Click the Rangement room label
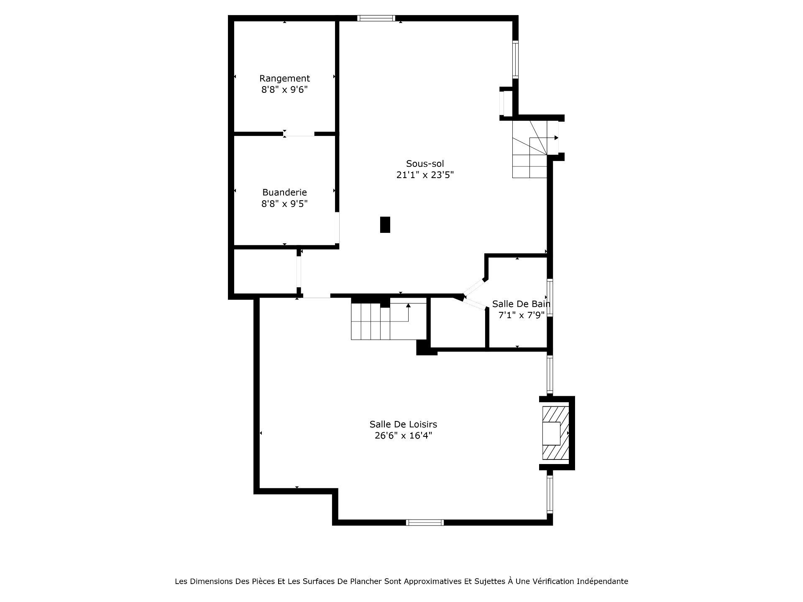(284, 79)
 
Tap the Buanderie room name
(284, 192)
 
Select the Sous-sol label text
(425, 163)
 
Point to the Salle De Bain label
(521, 304)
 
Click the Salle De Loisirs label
(403, 424)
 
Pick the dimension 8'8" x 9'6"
(284, 89)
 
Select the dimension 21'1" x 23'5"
(425, 175)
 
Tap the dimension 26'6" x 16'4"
(403, 436)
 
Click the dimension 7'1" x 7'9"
(521, 315)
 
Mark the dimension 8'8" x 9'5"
(284, 204)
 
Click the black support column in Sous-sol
(385, 224)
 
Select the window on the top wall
(376, 18)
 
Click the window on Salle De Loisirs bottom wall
(425, 522)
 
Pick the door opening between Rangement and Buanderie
(299, 134)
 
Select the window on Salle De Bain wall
(550, 298)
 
